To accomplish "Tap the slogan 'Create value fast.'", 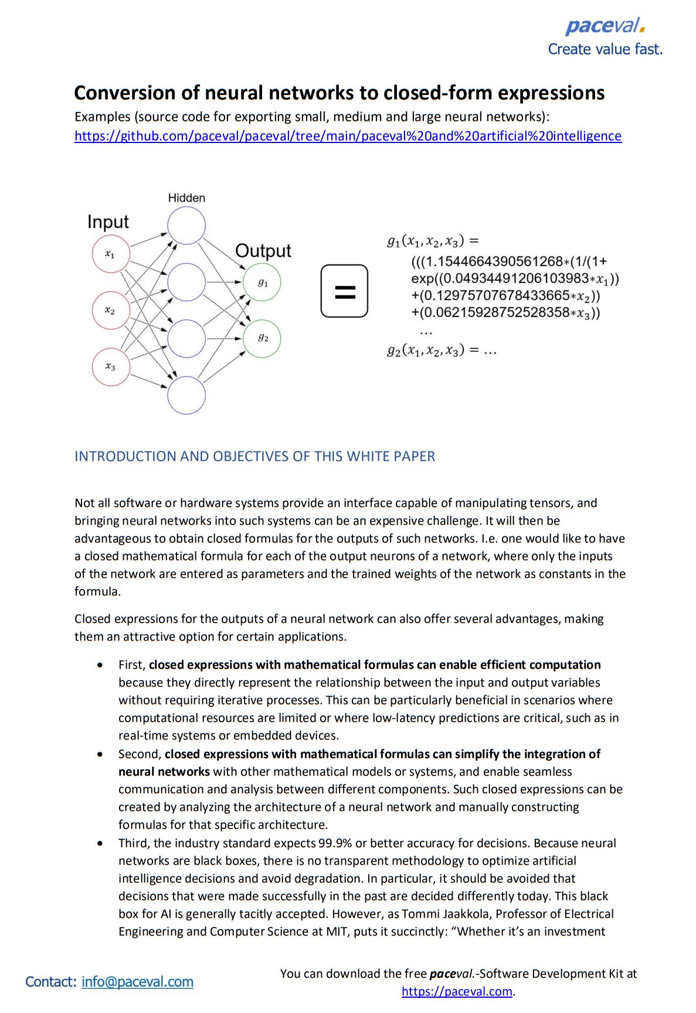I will (605, 49).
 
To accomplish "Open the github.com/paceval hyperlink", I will (348, 136).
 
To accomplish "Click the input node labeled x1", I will (111, 254).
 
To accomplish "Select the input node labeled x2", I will (111, 310).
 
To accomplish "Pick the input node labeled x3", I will (111, 366).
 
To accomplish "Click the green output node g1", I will (262, 283).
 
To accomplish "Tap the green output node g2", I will (262, 338).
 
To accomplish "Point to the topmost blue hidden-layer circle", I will (186, 226).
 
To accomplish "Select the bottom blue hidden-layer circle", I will (186, 395).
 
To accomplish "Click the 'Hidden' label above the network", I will (186, 198).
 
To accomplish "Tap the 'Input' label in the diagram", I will (108, 222).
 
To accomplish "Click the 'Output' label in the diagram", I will (263, 251).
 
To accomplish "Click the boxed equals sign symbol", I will (345, 291).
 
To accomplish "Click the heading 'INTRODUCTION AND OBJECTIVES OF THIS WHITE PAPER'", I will (254, 457).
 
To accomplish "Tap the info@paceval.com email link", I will (137, 982).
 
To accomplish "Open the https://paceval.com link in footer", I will (457, 991).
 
